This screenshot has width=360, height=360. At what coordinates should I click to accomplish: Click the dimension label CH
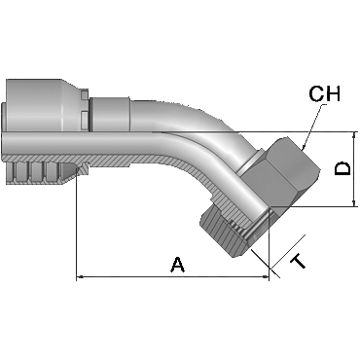[324, 94]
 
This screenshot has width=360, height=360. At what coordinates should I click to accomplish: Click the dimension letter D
[342, 168]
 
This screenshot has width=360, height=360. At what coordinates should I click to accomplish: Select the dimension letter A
[178, 265]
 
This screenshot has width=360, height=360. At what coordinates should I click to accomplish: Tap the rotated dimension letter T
[298, 262]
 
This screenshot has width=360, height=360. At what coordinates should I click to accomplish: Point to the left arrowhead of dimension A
[80, 277]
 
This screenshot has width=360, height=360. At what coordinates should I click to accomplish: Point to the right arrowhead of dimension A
[266, 277]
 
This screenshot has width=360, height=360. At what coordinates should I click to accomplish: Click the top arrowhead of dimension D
[354, 135]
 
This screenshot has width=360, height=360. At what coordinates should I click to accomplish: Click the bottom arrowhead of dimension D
[354, 202]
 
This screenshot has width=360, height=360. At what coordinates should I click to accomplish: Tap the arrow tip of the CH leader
[302, 150]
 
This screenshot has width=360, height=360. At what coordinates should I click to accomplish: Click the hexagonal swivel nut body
[280, 173]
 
